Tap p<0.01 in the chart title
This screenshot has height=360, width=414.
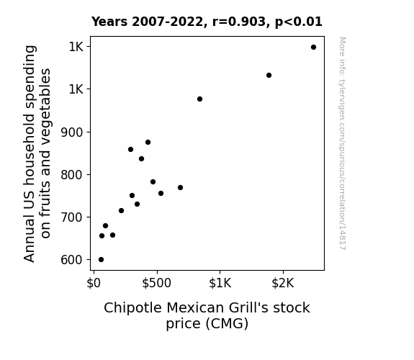click(x=299, y=22)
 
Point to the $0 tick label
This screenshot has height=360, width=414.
click(x=94, y=283)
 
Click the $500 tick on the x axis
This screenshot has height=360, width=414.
click(x=156, y=283)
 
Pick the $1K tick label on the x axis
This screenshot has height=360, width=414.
click(x=220, y=283)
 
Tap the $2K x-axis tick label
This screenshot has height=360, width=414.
click(x=283, y=283)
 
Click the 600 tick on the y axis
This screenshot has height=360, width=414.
click(x=71, y=260)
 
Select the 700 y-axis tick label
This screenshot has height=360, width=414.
click(x=71, y=217)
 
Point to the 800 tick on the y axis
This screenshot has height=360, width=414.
click(x=71, y=175)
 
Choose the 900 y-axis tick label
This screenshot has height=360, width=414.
click(x=71, y=132)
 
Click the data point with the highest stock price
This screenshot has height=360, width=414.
click(x=313, y=48)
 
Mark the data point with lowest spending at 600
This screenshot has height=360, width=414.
click(x=101, y=260)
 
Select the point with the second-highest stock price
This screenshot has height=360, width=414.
click(x=269, y=76)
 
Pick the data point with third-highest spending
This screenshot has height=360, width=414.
click(x=199, y=99)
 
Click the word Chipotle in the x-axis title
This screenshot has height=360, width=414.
click(x=132, y=308)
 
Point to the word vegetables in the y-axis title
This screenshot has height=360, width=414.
click(x=45, y=112)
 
